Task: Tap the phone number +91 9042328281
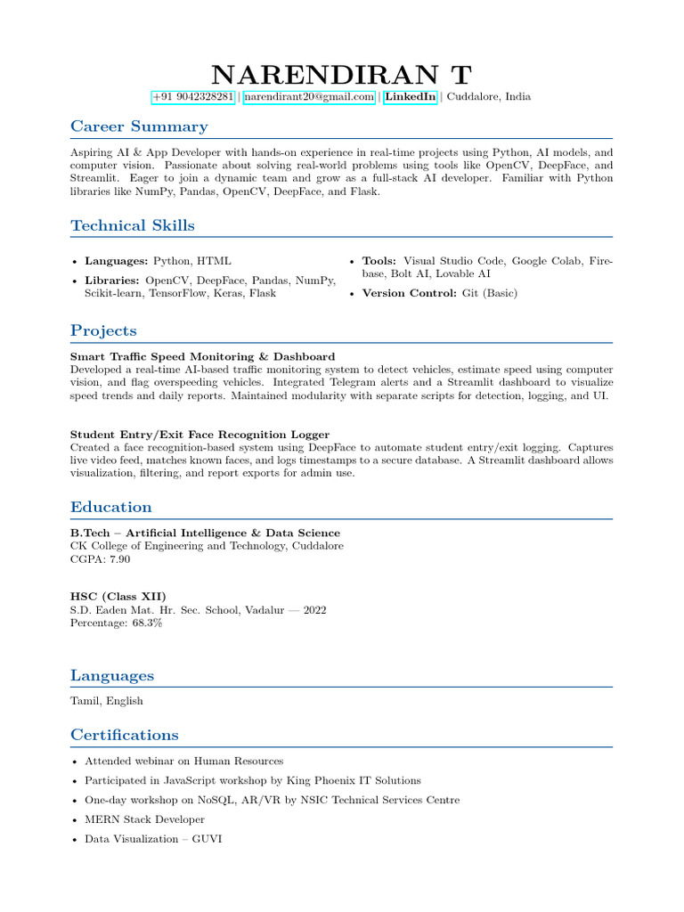click(x=193, y=97)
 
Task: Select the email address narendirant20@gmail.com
click(x=309, y=97)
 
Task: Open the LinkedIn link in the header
click(x=410, y=97)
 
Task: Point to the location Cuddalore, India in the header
click(x=488, y=97)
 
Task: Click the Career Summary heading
click(x=139, y=126)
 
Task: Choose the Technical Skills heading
click(x=133, y=225)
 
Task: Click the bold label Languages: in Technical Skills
click(x=117, y=261)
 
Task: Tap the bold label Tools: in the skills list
click(x=379, y=261)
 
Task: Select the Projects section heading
click(x=103, y=331)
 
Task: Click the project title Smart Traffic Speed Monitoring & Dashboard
click(x=202, y=357)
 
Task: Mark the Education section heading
click(x=111, y=508)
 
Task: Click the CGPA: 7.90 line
click(x=101, y=558)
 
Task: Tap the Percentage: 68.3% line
click(x=116, y=623)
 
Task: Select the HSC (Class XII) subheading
click(x=118, y=596)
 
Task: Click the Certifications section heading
click(x=125, y=735)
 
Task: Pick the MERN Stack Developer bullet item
click(x=144, y=819)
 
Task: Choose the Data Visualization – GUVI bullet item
click(x=153, y=839)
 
